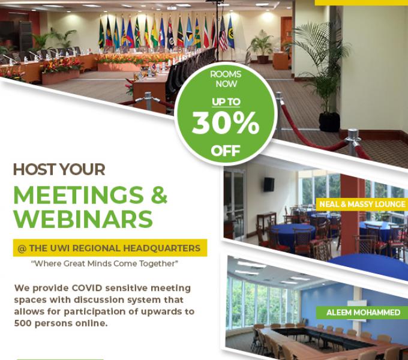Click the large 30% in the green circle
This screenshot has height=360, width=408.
tap(226, 123)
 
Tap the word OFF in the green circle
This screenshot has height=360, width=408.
tap(226, 151)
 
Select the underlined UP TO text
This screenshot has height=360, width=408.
tap(226, 102)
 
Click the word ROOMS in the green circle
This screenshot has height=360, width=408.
tap(226, 74)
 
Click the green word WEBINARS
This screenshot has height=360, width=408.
tap(83, 219)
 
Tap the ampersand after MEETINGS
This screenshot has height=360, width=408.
tap(159, 195)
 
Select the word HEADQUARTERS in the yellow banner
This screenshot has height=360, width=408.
tap(161, 248)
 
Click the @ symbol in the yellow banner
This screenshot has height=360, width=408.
tap(22, 248)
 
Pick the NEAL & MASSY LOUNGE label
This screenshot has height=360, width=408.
tap(362, 204)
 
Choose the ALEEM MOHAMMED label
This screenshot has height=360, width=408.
tap(363, 313)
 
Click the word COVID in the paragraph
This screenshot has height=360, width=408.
tap(87, 288)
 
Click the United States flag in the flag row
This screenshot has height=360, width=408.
tap(223, 34)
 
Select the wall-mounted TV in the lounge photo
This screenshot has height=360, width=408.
tap(269, 184)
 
